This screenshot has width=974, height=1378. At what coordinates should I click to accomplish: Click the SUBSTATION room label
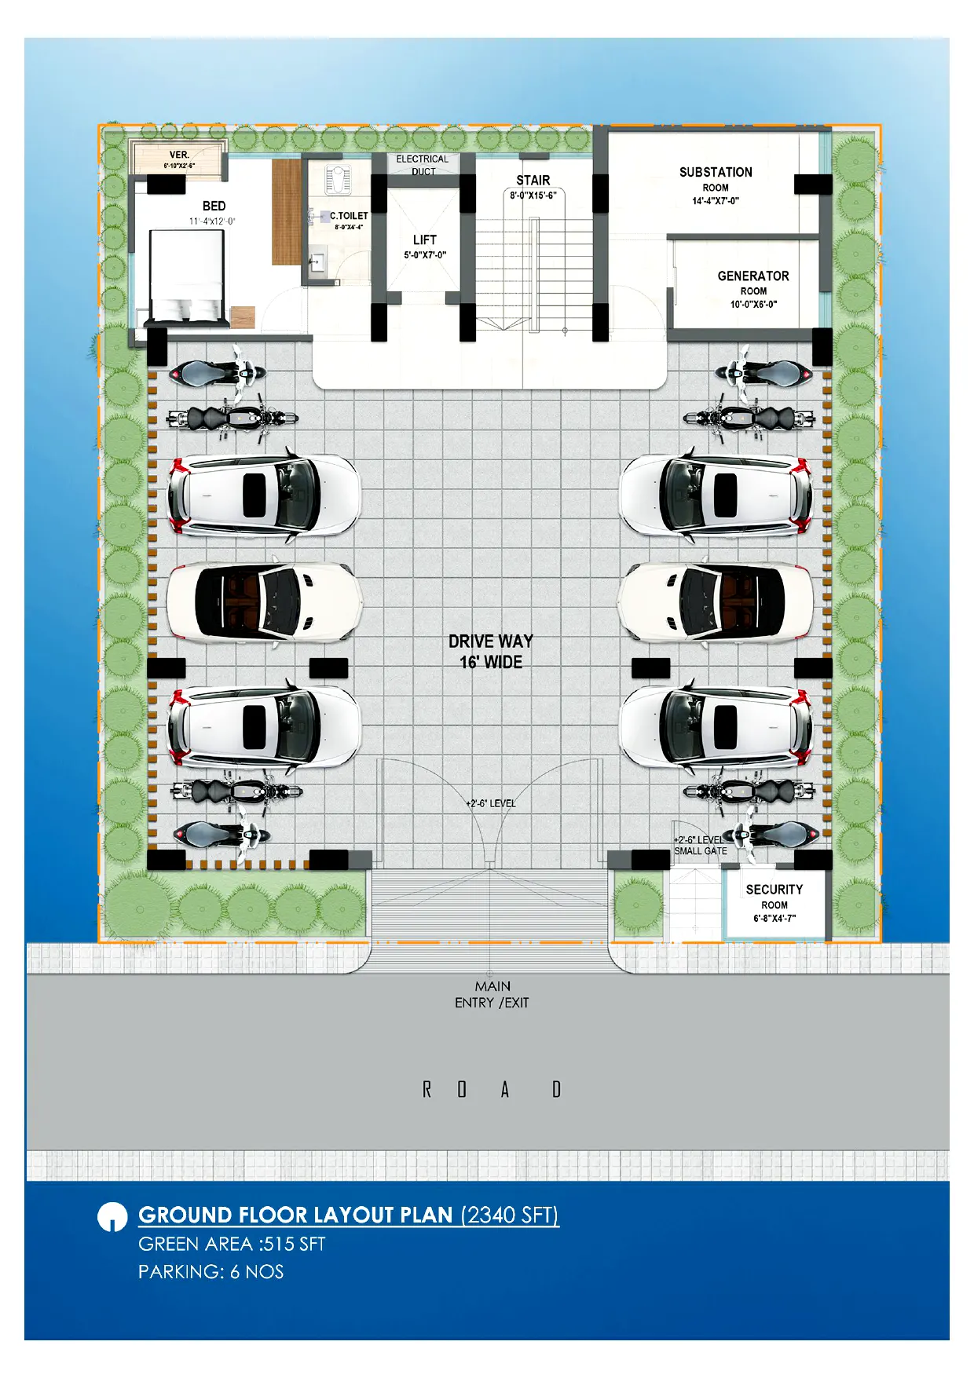[716, 172]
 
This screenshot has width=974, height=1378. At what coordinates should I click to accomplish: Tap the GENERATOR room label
[753, 276]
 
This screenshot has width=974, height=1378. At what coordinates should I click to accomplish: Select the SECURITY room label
[774, 890]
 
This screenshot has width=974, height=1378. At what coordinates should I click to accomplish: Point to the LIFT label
[425, 239]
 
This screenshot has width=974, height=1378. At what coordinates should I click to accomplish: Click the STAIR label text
[533, 181]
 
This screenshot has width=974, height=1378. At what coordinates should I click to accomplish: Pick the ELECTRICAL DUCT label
[423, 165]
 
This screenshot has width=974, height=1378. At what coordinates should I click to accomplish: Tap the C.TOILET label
[349, 216]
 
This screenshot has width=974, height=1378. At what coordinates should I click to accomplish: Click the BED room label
[214, 206]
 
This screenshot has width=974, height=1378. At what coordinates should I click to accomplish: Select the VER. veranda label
[179, 155]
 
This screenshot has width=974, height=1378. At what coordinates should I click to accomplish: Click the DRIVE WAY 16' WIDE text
[491, 652]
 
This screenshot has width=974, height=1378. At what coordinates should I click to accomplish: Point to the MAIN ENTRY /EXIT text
[492, 994]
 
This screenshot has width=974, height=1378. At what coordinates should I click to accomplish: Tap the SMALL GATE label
[701, 851]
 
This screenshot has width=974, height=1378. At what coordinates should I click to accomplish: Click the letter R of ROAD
[427, 1089]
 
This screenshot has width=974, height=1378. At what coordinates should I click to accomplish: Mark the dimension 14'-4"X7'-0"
[716, 201]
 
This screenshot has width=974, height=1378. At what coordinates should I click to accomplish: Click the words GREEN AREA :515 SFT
[232, 1244]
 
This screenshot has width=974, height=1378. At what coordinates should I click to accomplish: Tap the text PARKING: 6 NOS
[211, 1272]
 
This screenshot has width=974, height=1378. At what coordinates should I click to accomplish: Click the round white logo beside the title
[112, 1217]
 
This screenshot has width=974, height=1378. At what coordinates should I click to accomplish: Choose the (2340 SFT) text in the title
[510, 1215]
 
